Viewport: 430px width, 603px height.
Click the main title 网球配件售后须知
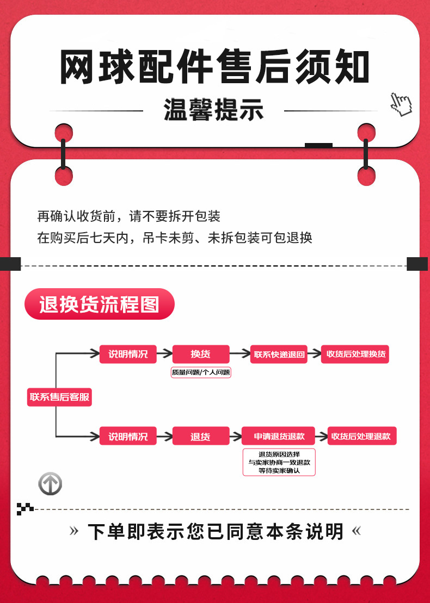pyautogui.click(x=214, y=66)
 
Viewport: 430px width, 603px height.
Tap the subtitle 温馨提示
pyautogui.click(x=214, y=110)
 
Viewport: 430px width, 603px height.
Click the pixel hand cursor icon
pyautogui.click(x=401, y=104)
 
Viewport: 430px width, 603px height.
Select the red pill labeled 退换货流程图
pyautogui.click(x=99, y=304)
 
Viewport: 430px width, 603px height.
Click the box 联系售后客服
pyautogui.click(x=59, y=397)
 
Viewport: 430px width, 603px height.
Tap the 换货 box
pyautogui.click(x=200, y=354)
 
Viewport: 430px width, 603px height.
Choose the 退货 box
pyautogui.click(x=200, y=436)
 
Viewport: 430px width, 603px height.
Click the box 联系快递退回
pyautogui.click(x=279, y=354)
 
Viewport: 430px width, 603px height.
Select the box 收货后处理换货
pyautogui.click(x=355, y=354)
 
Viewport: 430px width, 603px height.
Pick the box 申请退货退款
pyautogui.click(x=278, y=436)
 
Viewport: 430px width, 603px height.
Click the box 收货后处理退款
pyautogui.click(x=361, y=436)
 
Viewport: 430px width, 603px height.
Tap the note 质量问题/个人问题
pyautogui.click(x=201, y=372)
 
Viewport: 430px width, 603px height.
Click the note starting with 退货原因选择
pyautogui.click(x=279, y=462)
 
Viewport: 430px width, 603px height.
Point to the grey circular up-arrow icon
pyautogui.click(x=50, y=484)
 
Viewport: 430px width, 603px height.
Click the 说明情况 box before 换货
pyautogui.click(x=128, y=354)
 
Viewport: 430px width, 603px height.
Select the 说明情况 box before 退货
pyautogui.click(x=128, y=436)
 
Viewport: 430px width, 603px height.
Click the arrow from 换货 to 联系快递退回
pyautogui.click(x=240, y=353)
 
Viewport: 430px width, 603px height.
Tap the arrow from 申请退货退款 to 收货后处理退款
pyautogui.click(x=322, y=436)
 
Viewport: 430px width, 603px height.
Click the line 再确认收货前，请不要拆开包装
pyautogui.click(x=128, y=216)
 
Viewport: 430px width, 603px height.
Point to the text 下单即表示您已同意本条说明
pyautogui.click(x=215, y=531)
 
